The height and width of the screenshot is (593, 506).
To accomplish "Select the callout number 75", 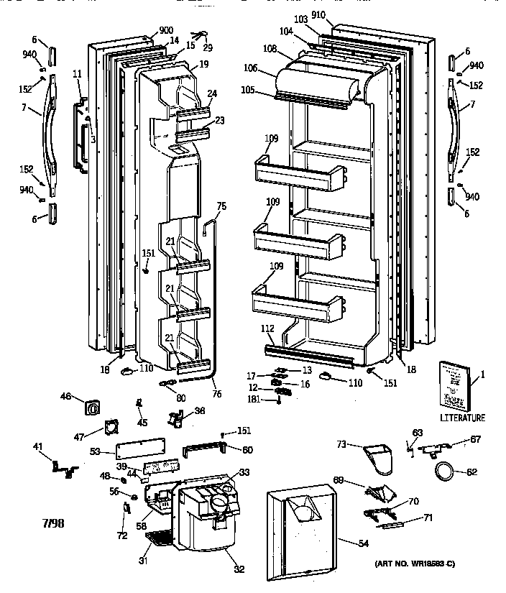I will (221, 206).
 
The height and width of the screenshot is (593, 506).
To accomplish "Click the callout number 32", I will (239, 569).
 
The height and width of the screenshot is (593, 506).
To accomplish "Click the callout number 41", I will (37, 447).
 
